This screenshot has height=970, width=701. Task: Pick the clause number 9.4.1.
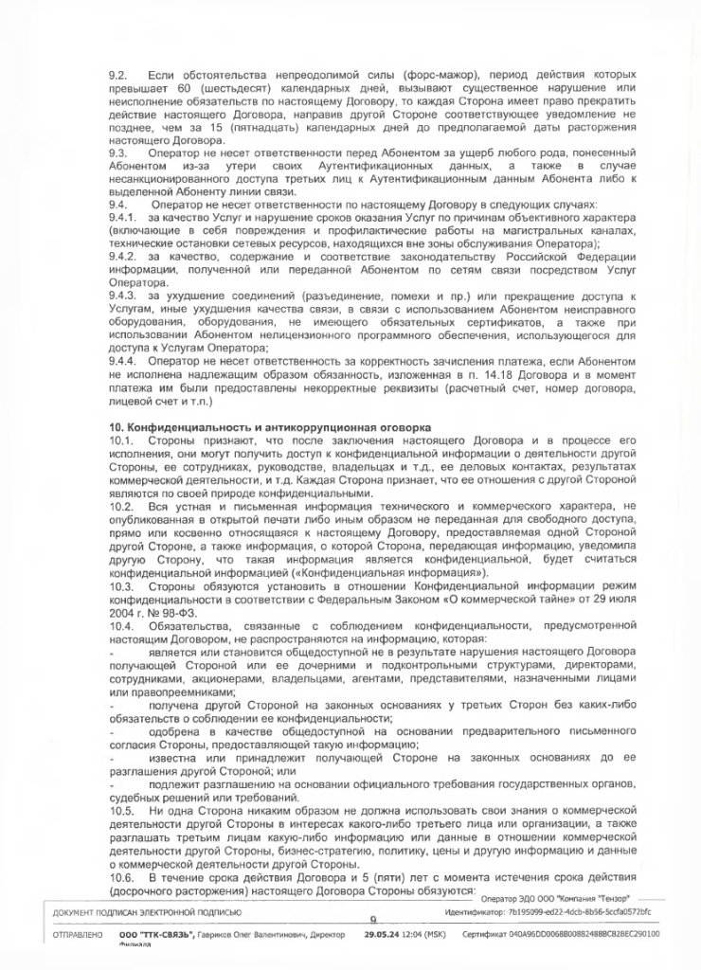(123, 216)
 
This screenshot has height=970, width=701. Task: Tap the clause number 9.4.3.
(123, 296)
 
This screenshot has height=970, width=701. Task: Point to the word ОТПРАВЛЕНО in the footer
(63, 933)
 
